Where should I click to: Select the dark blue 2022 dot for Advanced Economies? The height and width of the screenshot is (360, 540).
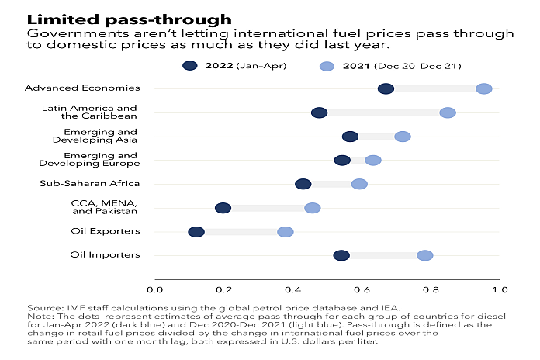386,88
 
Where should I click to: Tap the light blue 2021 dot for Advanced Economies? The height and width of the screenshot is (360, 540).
483,88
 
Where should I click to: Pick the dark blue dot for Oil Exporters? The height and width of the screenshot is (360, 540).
196,232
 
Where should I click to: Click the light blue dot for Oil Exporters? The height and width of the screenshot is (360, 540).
286,232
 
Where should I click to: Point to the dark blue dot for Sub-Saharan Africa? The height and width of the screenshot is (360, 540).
303,184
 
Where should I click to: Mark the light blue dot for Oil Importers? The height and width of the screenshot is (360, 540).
425,255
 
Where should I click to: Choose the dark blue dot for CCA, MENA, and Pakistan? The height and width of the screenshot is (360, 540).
223,208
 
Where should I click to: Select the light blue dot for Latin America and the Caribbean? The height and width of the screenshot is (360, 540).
448,112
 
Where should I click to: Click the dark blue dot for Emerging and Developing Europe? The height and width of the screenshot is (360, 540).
342,160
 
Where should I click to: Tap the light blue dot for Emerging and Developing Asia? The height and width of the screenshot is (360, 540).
403,137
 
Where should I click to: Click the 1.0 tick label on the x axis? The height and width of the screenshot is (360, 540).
499,290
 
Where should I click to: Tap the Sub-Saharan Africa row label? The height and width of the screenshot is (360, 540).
89,184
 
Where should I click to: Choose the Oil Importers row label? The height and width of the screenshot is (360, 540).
105,255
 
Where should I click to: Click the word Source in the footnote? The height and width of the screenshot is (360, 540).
44,308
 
